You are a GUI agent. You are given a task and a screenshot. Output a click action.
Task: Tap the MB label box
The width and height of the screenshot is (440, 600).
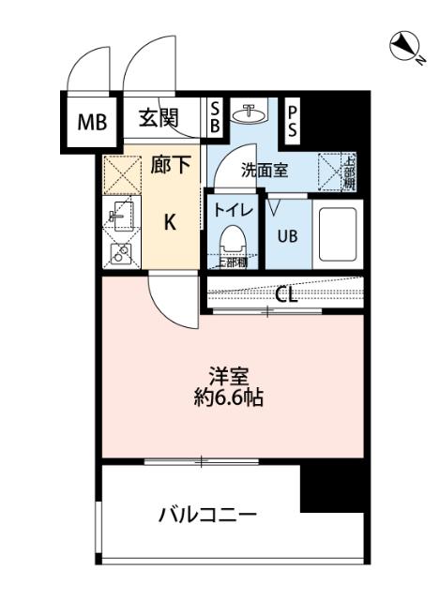(x=92, y=120)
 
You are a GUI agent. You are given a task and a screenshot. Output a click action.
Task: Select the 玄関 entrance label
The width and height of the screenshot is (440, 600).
(x=159, y=118)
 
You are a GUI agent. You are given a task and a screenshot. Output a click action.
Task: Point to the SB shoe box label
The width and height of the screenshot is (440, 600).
(x=215, y=115)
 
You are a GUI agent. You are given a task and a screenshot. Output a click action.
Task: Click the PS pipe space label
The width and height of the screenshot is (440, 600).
(x=293, y=118)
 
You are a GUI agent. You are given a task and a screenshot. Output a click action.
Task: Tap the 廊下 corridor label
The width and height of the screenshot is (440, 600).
(x=171, y=166)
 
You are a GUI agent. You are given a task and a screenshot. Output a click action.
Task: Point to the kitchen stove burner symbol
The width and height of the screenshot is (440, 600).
(x=119, y=251)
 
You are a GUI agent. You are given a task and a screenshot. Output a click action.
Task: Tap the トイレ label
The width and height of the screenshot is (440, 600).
(x=229, y=211)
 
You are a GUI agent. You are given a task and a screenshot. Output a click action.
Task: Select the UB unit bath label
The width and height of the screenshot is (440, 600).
(x=287, y=235)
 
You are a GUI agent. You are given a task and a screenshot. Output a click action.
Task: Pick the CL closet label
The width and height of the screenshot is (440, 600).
(x=286, y=294)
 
